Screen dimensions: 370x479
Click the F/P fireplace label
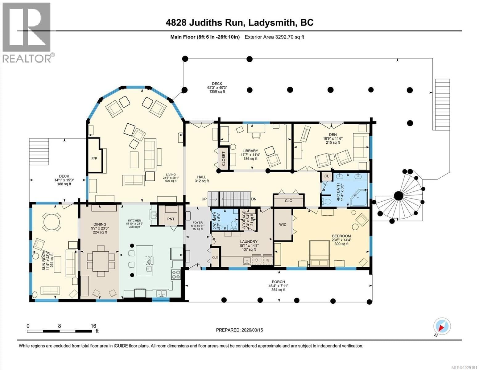pos(94,158)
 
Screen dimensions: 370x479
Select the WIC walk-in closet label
pos(283,224)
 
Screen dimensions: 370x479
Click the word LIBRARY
pos(250,151)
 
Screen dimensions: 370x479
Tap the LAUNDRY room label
pos(248,242)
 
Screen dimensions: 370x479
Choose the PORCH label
pos(278,282)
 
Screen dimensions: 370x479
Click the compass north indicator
pos(442,327)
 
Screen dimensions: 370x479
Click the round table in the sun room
pos(51,221)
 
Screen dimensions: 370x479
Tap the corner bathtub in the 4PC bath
pos(359,198)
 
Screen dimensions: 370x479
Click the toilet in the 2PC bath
pos(234,225)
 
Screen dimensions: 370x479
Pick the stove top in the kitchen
pos(176,274)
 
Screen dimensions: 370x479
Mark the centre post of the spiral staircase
pos(398,195)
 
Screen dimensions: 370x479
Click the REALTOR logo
pos(27,32)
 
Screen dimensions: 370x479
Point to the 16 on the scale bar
pos(93,326)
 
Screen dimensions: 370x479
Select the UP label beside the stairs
pos(204,199)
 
